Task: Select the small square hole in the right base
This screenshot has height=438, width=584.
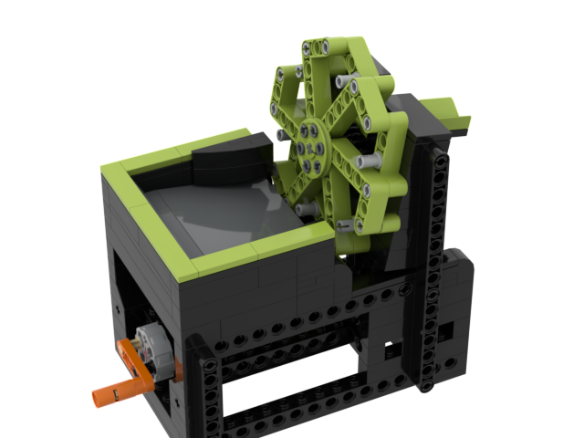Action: (x=392, y=348)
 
